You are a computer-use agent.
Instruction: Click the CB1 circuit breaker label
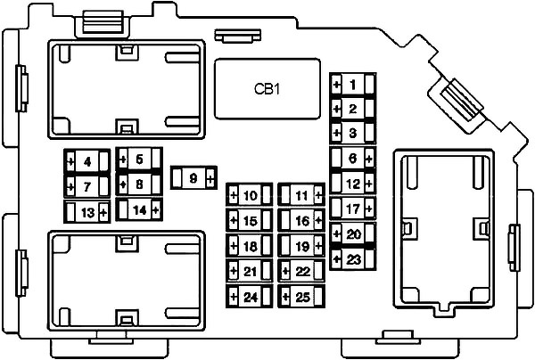pos(267,89)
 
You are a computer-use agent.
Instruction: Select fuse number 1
pos(352,84)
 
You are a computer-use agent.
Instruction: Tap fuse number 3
pos(352,132)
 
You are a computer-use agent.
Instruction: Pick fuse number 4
pos(87,161)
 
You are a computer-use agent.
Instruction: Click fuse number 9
pos(193,178)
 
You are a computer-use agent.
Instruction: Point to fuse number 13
pos(87,212)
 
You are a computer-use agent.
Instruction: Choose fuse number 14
pos(139,209)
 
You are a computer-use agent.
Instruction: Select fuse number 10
pos(249,195)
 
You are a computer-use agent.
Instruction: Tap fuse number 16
pos(301,221)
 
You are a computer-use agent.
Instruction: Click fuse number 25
pos(301,297)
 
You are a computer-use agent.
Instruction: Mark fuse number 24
pos(249,297)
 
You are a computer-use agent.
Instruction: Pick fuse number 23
pos(352,259)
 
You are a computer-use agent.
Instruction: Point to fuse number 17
pos(352,208)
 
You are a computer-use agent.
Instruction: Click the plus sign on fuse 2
pos(337,109)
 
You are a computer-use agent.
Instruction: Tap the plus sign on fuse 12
pos(369,184)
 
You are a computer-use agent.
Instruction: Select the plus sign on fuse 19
pos(318,245)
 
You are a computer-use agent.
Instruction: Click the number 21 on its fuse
pos(250,272)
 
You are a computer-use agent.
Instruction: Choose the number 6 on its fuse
pos(352,159)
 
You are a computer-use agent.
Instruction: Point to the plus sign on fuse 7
pos(70,187)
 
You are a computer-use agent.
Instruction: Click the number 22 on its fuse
pos(302,272)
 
